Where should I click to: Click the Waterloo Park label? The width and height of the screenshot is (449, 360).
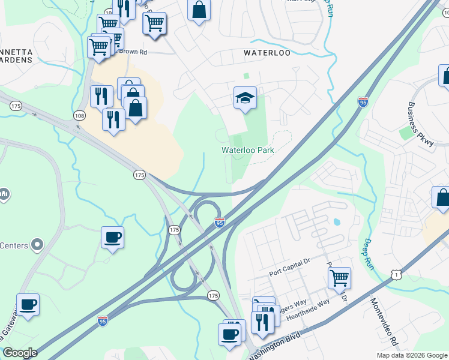click(248, 150)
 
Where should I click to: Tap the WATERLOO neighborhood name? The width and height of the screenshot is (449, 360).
click(267, 53)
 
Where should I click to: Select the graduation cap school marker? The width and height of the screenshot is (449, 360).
click(245, 98)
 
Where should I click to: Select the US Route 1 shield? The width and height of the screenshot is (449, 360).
click(395, 274)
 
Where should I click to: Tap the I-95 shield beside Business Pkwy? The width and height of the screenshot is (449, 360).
click(363, 102)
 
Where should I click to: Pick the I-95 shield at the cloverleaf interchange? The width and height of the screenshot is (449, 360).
click(220, 223)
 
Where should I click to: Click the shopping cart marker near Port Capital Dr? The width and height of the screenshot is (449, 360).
click(339, 278)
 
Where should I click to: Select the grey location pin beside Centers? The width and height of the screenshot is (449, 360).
click(37, 245)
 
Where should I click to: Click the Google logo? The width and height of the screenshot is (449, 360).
click(20, 353)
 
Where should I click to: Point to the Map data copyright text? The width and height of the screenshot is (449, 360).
click(411, 355)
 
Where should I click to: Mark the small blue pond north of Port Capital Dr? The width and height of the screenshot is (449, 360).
click(336, 221)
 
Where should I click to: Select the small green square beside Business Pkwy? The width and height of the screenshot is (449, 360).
click(407, 133)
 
